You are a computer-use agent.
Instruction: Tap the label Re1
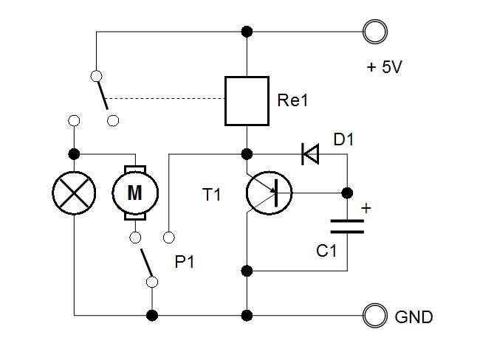click(x=292, y=100)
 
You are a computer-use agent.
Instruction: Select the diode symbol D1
click(x=310, y=154)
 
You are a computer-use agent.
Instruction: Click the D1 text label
click(x=344, y=140)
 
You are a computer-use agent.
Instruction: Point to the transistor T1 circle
click(x=247, y=193)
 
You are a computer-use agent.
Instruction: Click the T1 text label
click(x=211, y=195)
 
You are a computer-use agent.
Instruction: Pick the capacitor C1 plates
click(x=347, y=226)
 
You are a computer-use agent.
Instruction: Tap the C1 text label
click(x=326, y=251)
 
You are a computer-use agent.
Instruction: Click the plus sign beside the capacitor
click(x=366, y=208)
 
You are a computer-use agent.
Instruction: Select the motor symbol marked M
click(x=135, y=193)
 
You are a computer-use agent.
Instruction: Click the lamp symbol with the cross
click(x=74, y=193)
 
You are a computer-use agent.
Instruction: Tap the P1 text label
click(x=185, y=261)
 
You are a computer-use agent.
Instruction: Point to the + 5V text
click(x=385, y=67)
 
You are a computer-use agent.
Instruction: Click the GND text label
click(x=413, y=317)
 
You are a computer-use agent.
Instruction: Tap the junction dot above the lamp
click(x=74, y=154)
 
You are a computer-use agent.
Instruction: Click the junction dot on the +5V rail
click(x=247, y=32)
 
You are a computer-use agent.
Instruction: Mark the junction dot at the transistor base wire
click(x=347, y=193)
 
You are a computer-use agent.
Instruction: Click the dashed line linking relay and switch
click(x=166, y=99)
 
